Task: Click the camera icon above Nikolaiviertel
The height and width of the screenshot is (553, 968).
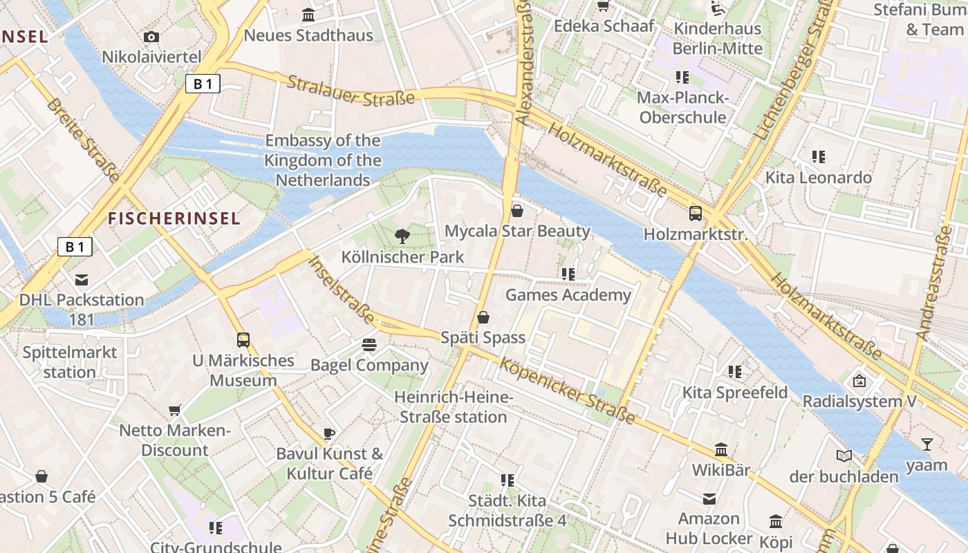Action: (151, 37)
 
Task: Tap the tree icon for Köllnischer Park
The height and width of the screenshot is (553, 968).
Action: (402, 236)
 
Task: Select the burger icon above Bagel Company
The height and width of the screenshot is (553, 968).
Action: (369, 344)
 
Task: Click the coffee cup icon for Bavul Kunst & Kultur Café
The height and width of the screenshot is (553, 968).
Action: (329, 433)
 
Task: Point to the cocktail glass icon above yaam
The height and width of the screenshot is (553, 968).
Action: (927, 444)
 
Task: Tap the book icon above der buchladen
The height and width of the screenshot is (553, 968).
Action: (844, 456)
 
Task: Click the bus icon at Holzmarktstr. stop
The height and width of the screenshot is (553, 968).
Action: (696, 214)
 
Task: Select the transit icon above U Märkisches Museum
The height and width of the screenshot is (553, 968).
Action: (243, 339)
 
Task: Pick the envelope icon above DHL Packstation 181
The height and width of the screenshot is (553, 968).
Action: (82, 279)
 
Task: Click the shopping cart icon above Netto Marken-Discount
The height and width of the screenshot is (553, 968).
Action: (175, 411)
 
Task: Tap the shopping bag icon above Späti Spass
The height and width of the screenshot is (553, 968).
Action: (483, 317)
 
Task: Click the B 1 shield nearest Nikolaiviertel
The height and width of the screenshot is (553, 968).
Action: (203, 84)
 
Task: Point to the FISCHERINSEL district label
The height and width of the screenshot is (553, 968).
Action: (174, 218)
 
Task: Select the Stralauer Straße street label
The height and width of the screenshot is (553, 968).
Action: (351, 91)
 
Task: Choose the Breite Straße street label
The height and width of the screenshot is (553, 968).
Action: (84, 141)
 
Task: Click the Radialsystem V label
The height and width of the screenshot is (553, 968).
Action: (859, 401)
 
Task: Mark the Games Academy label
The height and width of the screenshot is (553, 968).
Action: (568, 295)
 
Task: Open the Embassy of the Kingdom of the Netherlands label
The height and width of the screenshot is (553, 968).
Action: (323, 160)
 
